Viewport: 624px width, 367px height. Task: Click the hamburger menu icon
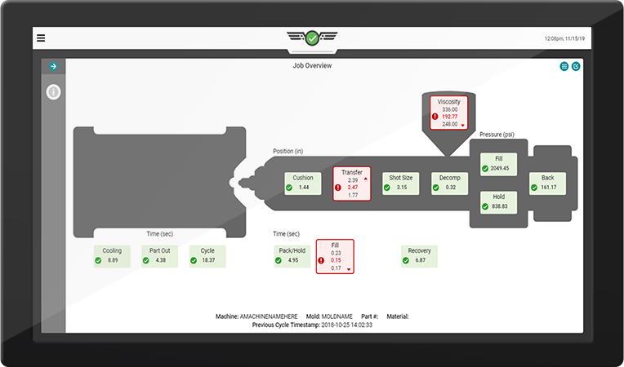(x=41, y=38)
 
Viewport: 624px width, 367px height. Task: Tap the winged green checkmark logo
(x=312, y=38)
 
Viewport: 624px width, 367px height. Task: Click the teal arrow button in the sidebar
(x=53, y=66)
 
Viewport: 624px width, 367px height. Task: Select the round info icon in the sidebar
(x=53, y=92)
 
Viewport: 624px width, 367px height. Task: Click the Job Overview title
(x=312, y=66)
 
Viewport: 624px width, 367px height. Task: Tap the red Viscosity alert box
(x=449, y=113)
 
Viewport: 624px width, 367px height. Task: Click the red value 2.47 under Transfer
(x=353, y=188)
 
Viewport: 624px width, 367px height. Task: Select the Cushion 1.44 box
(x=303, y=183)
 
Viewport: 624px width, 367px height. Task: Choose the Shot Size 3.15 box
(x=401, y=183)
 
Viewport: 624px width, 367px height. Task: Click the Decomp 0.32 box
(x=450, y=183)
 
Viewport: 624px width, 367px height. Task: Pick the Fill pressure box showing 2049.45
(x=499, y=164)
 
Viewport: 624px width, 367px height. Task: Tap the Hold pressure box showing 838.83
(x=499, y=202)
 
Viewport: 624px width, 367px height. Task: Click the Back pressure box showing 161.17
(x=547, y=183)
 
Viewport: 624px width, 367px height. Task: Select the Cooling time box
(x=112, y=256)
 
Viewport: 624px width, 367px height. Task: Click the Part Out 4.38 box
(x=159, y=256)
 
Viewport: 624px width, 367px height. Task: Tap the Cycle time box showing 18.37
(x=207, y=256)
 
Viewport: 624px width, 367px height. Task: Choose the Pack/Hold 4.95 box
(x=292, y=256)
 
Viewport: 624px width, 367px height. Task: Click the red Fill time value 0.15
(x=336, y=260)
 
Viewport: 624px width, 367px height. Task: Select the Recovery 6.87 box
(x=419, y=256)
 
